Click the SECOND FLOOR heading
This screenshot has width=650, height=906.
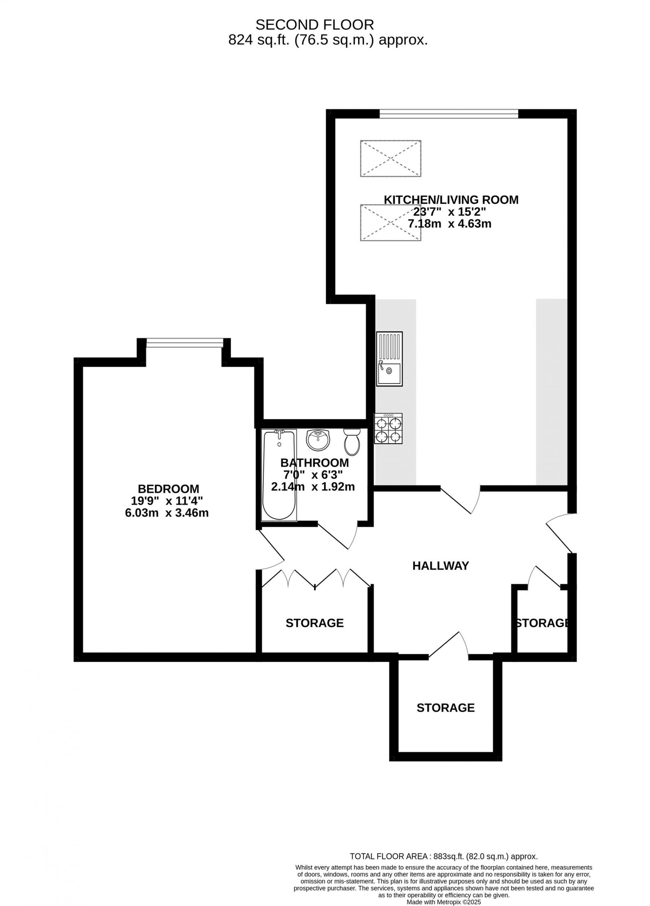click(x=315, y=25)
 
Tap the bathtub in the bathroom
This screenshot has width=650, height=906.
click(x=279, y=475)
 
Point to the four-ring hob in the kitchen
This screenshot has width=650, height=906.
click(x=388, y=429)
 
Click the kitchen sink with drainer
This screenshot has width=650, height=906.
click(x=389, y=359)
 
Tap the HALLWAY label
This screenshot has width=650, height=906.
click(x=440, y=566)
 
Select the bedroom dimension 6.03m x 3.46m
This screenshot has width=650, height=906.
click(x=167, y=513)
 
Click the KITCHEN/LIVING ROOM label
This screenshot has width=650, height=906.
click(x=451, y=200)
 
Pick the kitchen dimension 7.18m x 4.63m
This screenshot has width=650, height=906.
click(x=449, y=224)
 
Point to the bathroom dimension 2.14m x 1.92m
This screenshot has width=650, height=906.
click(x=313, y=487)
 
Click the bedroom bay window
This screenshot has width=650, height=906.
click(x=185, y=343)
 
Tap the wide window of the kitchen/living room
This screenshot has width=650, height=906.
click(x=449, y=114)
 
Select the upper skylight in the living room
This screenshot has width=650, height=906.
click(x=390, y=158)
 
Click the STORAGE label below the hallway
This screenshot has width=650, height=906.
click(x=445, y=708)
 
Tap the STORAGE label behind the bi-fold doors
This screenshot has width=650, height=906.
click(x=315, y=623)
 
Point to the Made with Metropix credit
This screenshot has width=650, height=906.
click(x=443, y=902)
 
